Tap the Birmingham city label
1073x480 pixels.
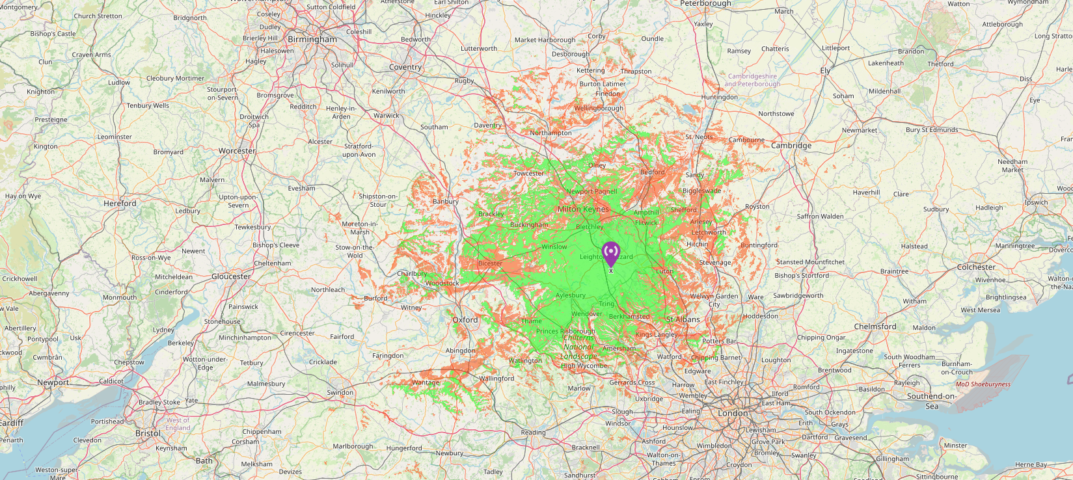click(312, 40)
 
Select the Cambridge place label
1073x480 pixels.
click(791, 146)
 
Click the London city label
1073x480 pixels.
click(733, 414)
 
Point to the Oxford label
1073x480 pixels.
click(465, 320)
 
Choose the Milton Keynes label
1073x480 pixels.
click(583, 209)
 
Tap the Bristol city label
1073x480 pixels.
click(148, 433)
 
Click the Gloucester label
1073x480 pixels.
click(231, 276)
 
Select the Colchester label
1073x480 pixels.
click(976, 267)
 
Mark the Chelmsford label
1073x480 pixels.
click(875, 327)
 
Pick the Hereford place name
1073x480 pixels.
click(120, 204)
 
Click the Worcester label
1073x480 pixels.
click(237, 151)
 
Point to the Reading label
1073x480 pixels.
click(533, 433)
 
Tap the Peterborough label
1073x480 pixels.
click(705, 4)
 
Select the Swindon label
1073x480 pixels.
click(340, 393)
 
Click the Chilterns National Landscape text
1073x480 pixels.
click(578, 347)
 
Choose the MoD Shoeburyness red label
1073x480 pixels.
click(983, 384)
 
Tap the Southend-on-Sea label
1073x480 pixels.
click(932, 401)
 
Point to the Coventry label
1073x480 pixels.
click(405, 68)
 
